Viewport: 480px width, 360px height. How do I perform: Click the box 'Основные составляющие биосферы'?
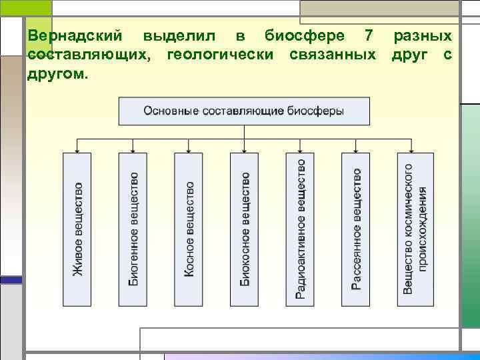pyautogui.click(x=244, y=111)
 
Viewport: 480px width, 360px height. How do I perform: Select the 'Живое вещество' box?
pyautogui.click(x=78, y=229)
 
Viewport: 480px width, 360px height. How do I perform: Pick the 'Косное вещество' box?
pyautogui.click(x=189, y=229)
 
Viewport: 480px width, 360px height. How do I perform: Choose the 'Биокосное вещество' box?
pyautogui.click(x=245, y=229)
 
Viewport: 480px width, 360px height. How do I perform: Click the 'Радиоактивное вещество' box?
pyautogui.click(x=301, y=229)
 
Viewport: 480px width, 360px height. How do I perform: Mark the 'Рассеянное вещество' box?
pyautogui.click(x=356, y=229)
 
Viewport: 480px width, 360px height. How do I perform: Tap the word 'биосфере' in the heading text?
pyautogui.click(x=305, y=35)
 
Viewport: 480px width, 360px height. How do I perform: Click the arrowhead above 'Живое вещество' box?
pyautogui.click(x=78, y=150)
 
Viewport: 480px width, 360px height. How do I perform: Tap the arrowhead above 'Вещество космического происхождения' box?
pyautogui.click(x=412, y=150)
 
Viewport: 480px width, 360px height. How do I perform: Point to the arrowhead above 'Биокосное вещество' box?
pyautogui.click(x=245, y=150)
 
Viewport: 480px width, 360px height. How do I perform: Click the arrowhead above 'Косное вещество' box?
pyautogui.click(x=189, y=150)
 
